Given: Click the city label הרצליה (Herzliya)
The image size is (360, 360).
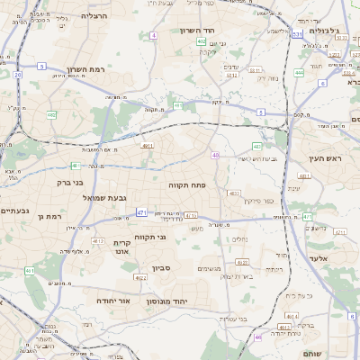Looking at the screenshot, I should [x=94, y=16].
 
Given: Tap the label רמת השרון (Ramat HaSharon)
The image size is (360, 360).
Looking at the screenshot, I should [x=100, y=69].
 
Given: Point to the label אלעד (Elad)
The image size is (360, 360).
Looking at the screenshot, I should [x=323, y=258].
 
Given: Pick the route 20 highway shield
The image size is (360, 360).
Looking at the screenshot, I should [x=18, y=75].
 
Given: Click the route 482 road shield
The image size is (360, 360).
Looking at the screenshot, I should [x=51, y=115].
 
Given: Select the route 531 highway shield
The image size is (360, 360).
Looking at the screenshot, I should [x=297, y=34].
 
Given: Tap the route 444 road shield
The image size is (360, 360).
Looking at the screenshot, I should [x=298, y=72].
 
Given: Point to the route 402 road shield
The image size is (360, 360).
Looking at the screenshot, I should [x=202, y=41].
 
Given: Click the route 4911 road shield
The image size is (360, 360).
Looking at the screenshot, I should [x=148, y=145].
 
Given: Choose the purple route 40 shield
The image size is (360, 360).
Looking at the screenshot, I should [x=216, y=156].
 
